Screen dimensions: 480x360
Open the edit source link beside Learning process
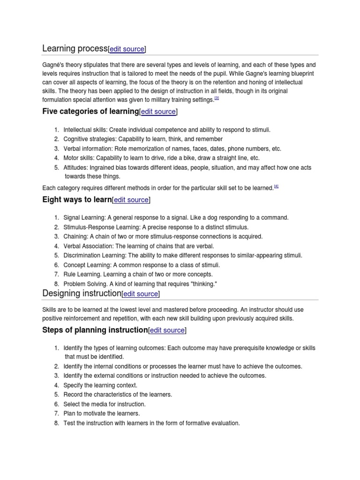point(127,49)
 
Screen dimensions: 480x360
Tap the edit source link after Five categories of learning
point(159,112)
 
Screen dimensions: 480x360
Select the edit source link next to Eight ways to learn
point(131,200)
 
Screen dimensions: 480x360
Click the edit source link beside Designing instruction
point(141,294)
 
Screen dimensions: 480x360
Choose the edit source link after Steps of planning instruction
point(167,330)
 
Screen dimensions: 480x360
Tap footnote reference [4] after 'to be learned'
point(276,187)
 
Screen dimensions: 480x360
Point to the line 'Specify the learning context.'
point(100,385)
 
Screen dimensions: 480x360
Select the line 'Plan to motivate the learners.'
point(102,413)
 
